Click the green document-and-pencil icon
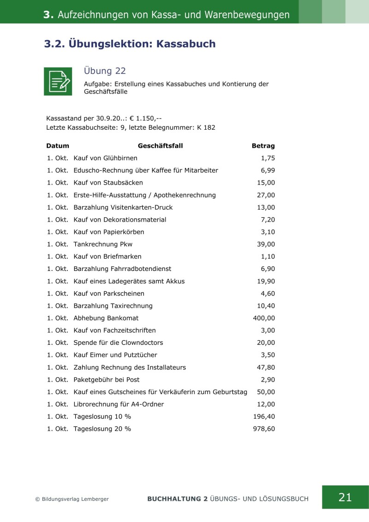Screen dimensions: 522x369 tap(58, 82)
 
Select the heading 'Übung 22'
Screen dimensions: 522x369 tap(105, 71)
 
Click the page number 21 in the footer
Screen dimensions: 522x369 tap(345, 497)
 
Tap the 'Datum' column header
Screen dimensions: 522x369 tap(58, 146)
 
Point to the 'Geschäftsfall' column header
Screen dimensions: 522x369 tap(160, 146)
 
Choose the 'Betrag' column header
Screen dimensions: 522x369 tap(263, 146)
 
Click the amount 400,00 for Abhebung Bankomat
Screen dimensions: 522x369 tap(264, 318)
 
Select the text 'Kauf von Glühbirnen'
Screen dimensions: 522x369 tap(105, 158)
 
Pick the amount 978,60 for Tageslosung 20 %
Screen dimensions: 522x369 tap(264, 429)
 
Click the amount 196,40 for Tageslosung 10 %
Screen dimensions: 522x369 tap(264, 417)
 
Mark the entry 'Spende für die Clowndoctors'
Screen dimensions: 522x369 tap(118, 342)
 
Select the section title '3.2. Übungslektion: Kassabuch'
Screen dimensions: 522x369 tap(130, 44)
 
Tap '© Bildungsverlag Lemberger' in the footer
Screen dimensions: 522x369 tap(72, 499)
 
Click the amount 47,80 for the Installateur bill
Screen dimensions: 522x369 tap(266, 367)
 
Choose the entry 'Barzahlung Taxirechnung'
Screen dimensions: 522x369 tap(113, 306)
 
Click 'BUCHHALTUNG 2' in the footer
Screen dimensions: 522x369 tap(177, 499)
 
